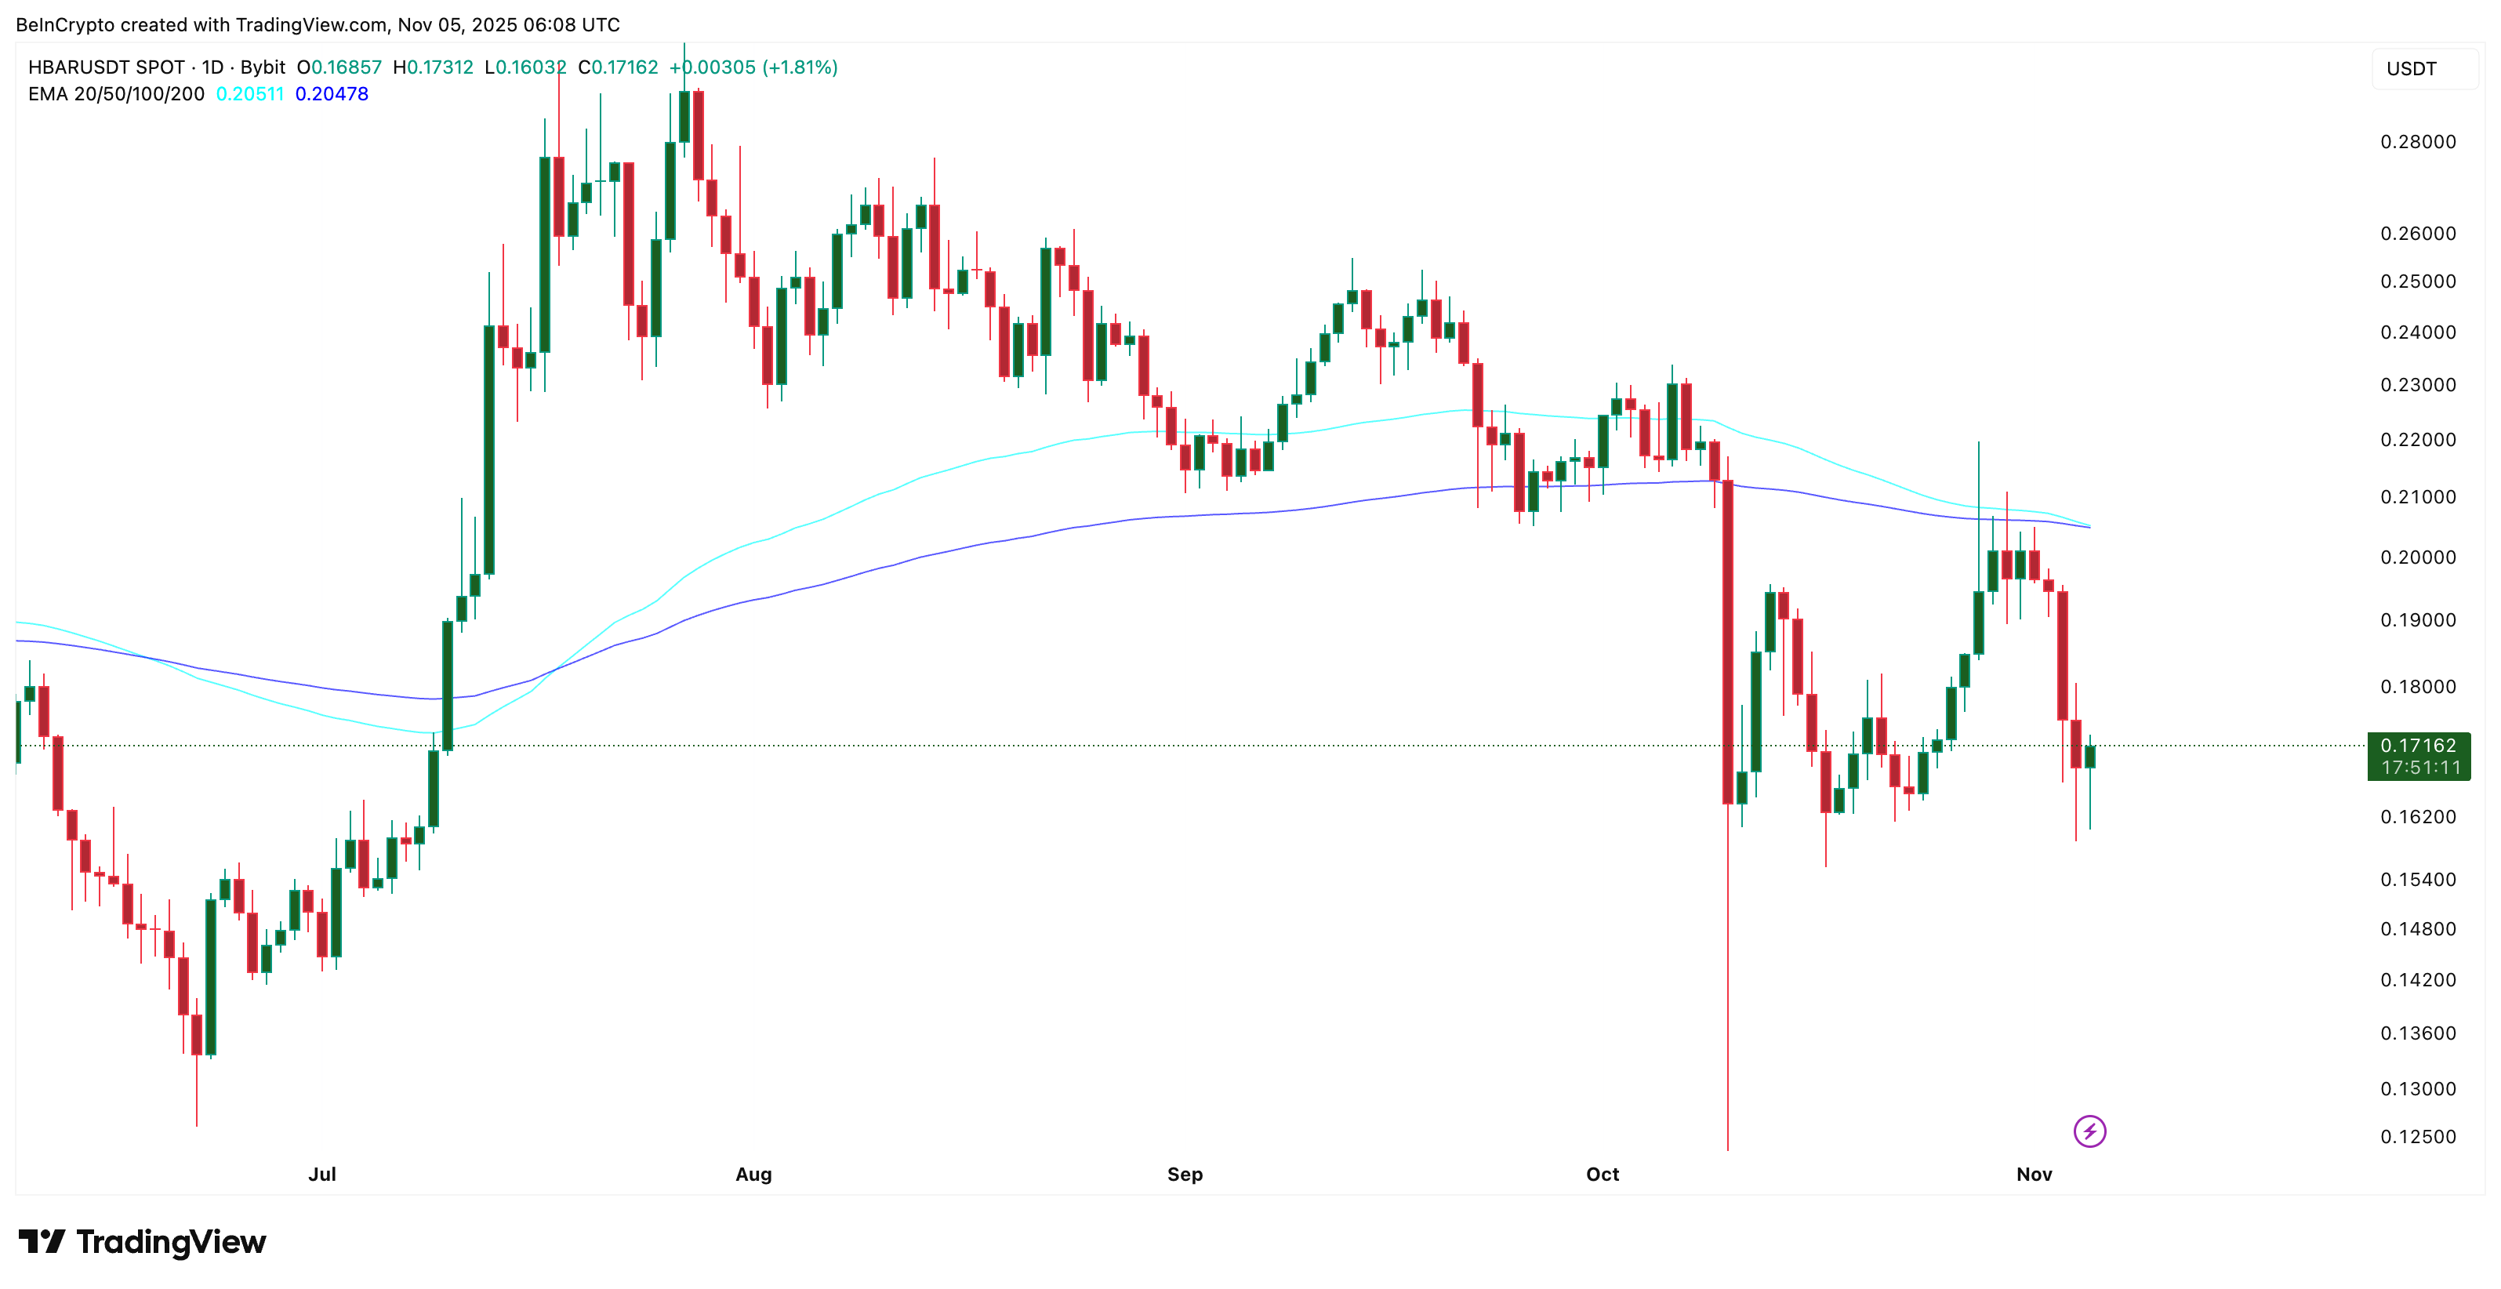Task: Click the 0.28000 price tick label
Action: pos(2418,142)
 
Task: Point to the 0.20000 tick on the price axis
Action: pos(2418,557)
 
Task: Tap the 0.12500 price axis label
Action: pos(2418,1137)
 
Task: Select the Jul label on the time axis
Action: pos(321,1174)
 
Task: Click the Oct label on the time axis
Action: pos(1602,1174)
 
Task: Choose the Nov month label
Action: pos(2034,1174)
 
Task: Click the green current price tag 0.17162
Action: pos(2418,746)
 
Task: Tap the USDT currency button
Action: pos(2412,69)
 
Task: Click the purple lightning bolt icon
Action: pos(2089,1131)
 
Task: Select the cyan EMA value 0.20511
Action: pos(249,94)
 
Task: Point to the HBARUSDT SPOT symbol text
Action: pos(106,67)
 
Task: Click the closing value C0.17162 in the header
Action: pos(618,67)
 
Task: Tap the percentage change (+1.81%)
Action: pos(800,67)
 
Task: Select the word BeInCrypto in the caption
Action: pos(65,24)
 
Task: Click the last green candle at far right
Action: pos(2089,757)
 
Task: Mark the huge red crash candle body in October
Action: pos(1727,641)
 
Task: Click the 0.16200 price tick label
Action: pos(2418,816)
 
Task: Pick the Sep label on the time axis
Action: pos(1185,1174)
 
